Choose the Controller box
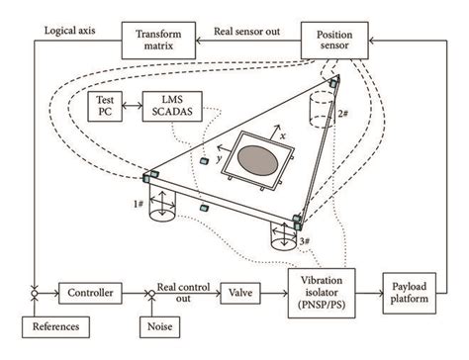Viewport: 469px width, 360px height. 88,292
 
